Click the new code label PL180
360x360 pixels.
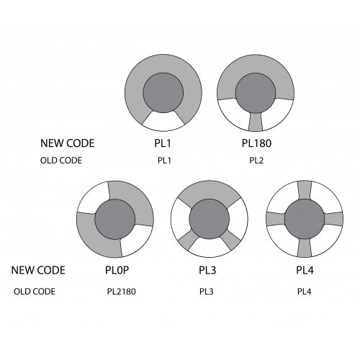pos(256,143)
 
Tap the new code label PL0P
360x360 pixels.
pos(117,270)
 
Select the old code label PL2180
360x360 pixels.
pos(121,292)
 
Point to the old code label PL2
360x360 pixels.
pos(256,161)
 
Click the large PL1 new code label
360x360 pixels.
pos(163,143)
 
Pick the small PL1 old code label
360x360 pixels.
pos(164,161)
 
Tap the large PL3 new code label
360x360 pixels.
pos(207,270)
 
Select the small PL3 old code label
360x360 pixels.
pos(206,292)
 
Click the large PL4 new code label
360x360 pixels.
pos(305,270)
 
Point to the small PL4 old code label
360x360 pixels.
pos(304,292)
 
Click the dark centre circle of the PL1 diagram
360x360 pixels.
pos(163,93)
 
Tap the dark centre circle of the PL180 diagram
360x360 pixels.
pos(256,93)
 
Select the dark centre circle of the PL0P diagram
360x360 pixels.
pos(115,220)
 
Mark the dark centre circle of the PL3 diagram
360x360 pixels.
pos(210,219)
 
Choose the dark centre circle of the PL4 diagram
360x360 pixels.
pos(305,219)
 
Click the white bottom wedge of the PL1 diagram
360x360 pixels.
pos(163,122)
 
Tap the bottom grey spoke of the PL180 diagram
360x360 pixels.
pos(256,122)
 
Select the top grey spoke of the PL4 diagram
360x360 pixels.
pos(305,190)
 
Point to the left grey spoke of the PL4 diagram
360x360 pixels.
pos(276,219)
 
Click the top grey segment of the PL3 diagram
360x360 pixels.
pos(210,192)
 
